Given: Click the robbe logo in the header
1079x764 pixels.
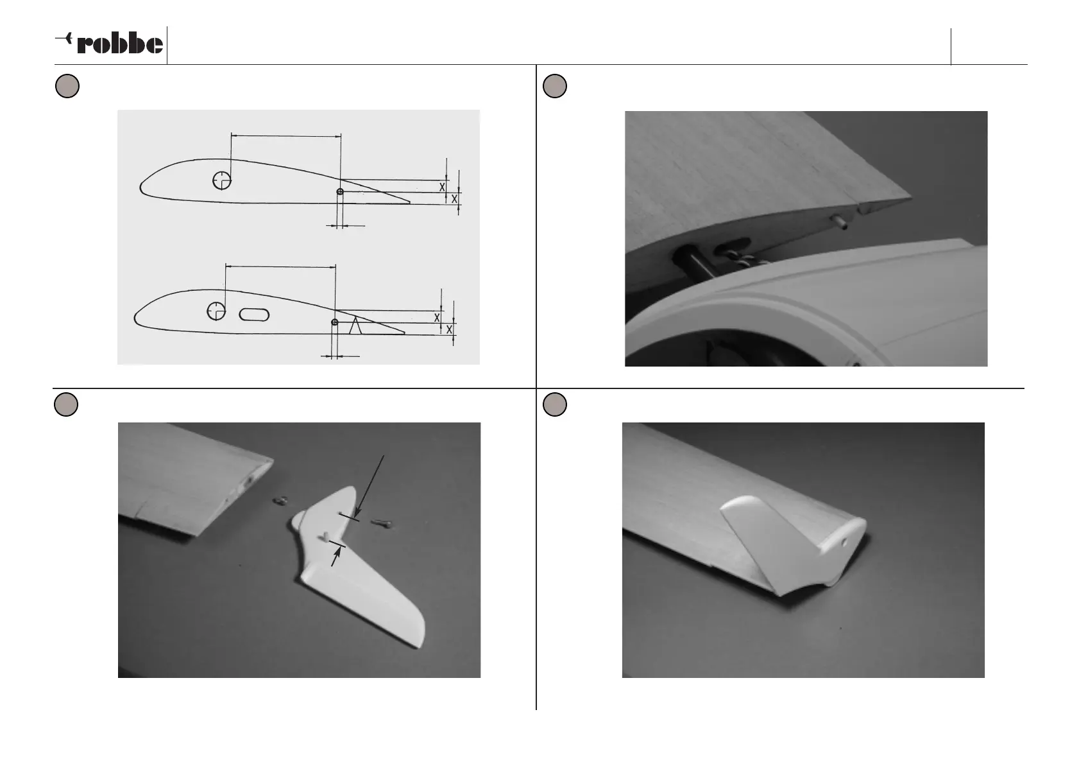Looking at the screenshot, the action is pos(109,43).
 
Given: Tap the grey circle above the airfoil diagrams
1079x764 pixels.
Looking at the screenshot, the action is pos(67,86).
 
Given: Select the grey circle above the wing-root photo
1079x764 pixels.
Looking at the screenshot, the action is pos(555,86).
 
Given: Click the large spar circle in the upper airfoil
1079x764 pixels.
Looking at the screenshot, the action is pos(222,180).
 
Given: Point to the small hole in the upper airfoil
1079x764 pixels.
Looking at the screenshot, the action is pos(340,192).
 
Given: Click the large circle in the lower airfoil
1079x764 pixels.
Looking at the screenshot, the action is pos(216,311).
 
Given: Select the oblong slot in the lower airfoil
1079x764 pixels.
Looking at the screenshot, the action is pos(254,315).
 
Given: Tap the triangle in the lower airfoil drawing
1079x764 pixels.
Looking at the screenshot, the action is pos(355,326).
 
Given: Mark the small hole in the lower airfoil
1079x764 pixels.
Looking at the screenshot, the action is pos(335,322).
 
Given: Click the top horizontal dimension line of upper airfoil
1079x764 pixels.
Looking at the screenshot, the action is pos(286,136).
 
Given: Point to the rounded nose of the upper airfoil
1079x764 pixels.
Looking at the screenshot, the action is pos(140,187).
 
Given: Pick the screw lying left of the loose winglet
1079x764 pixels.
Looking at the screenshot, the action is pos(279,502).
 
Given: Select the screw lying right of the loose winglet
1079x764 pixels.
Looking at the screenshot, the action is pos(382,523).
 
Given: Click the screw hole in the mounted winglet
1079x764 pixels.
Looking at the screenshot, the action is pos(844,542).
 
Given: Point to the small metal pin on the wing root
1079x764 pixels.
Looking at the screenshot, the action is pos(840,222).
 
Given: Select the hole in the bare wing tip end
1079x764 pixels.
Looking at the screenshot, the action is pos(250,481).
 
